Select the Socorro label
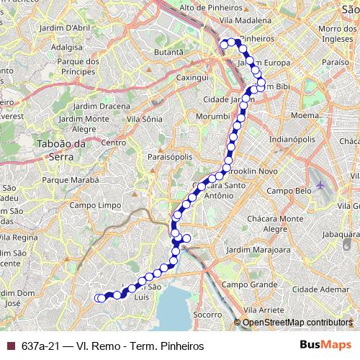207,315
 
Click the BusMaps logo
325,346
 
